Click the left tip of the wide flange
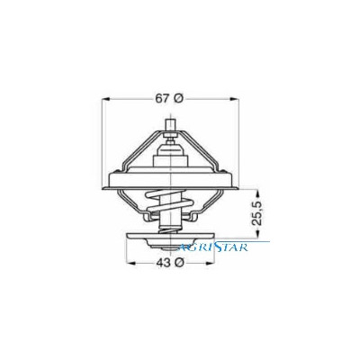tap(105, 184)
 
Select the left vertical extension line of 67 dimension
tap(105, 135)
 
